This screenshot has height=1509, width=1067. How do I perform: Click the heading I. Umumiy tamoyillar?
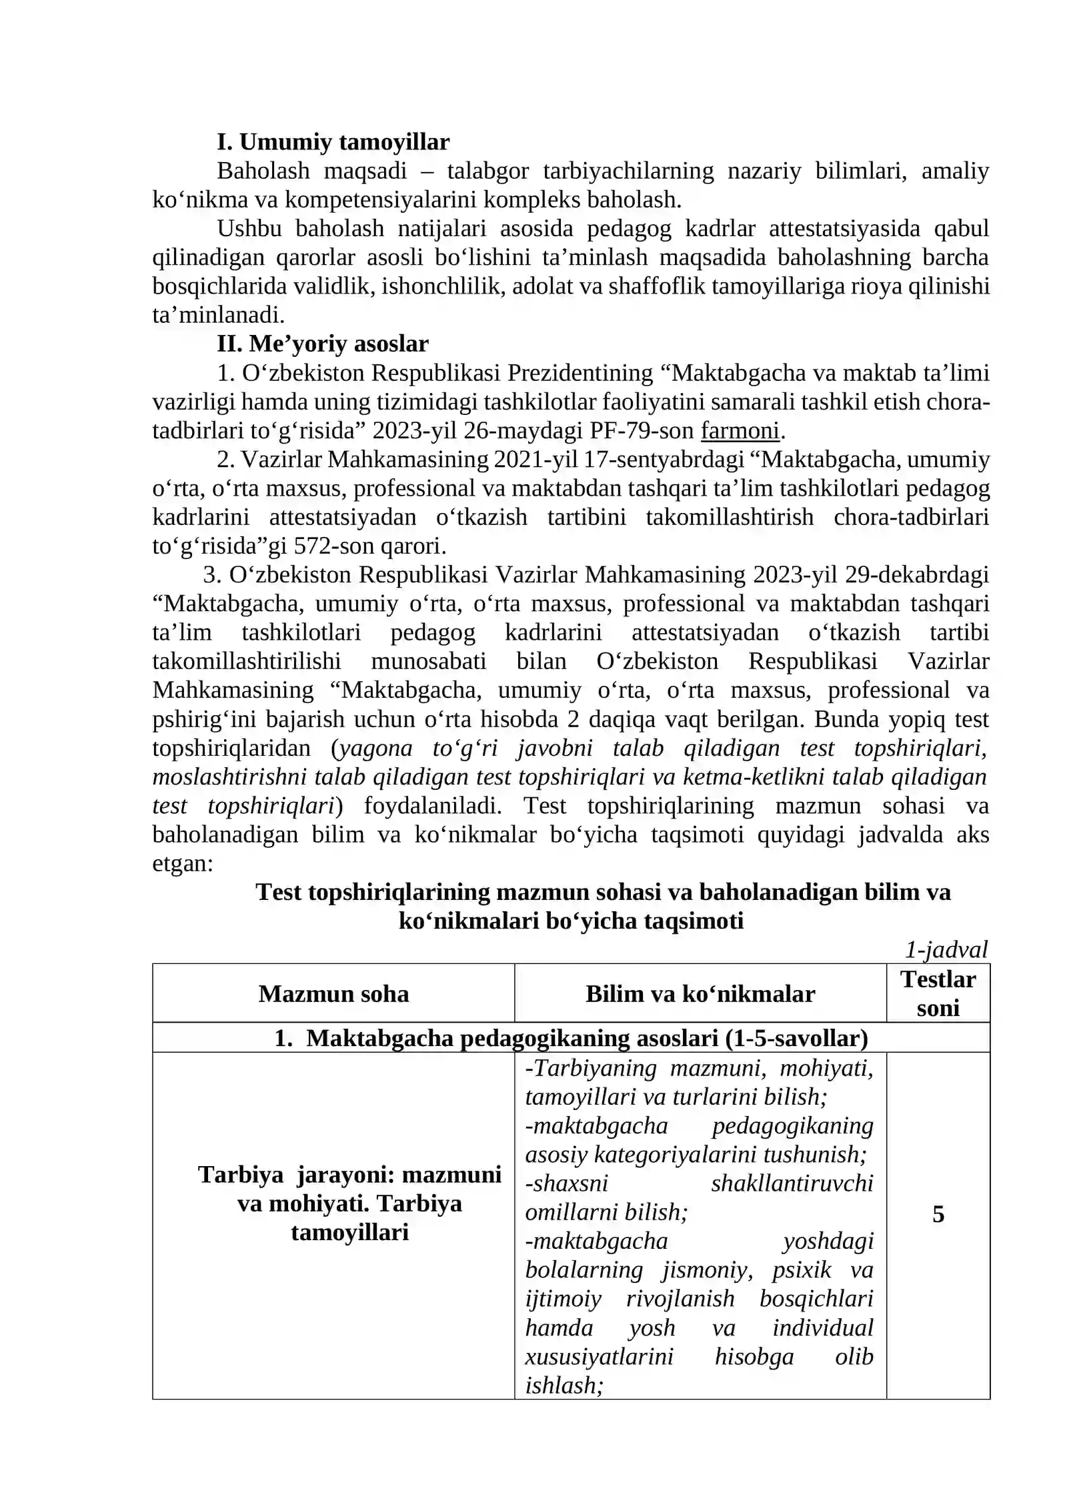333,142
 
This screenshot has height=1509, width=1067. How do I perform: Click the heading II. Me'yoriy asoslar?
322,344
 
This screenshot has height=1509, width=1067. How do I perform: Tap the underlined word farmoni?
740,431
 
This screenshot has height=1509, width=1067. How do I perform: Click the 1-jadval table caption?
946,949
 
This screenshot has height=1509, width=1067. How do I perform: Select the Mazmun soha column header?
333,994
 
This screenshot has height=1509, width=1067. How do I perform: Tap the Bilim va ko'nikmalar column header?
700,994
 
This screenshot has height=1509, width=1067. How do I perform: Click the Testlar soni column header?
938,993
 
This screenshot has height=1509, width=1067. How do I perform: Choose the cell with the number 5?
938,1214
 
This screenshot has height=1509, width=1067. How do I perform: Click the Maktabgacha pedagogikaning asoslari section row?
571,1038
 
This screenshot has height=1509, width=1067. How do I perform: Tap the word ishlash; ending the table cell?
564,1386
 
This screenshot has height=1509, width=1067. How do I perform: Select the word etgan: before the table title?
183,864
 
